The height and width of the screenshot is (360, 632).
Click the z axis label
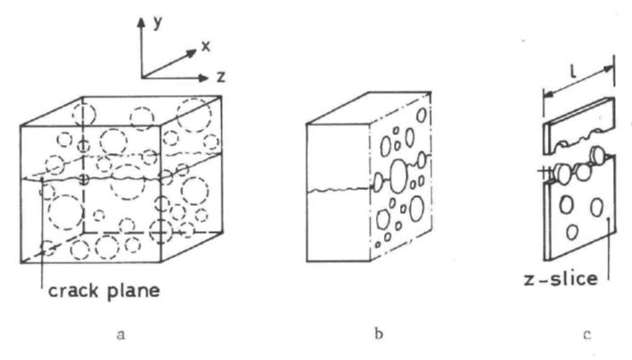click(x=219, y=76)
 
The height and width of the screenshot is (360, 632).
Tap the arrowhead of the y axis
click(x=141, y=19)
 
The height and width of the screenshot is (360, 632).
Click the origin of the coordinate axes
click(x=141, y=78)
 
